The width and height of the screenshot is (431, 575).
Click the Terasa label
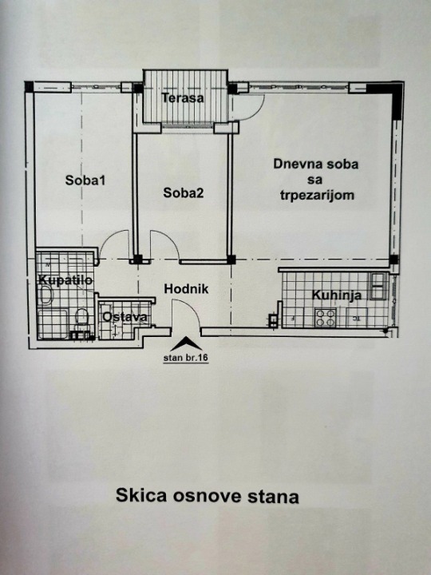click(183, 98)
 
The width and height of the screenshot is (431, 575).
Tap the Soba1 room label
click(85, 180)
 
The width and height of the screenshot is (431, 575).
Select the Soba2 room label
click(184, 192)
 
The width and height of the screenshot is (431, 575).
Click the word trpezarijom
click(317, 196)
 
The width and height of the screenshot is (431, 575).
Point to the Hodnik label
click(186, 289)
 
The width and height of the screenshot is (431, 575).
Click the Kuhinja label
click(337, 295)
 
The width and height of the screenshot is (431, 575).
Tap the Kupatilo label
click(65, 280)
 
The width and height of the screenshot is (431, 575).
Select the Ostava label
click(125, 317)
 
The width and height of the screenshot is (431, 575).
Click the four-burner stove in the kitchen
click(326, 318)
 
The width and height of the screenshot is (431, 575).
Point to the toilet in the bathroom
click(81, 318)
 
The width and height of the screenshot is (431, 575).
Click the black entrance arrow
click(186, 343)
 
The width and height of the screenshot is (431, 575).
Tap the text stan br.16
click(186, 359)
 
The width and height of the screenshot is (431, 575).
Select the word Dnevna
click(291, 164)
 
